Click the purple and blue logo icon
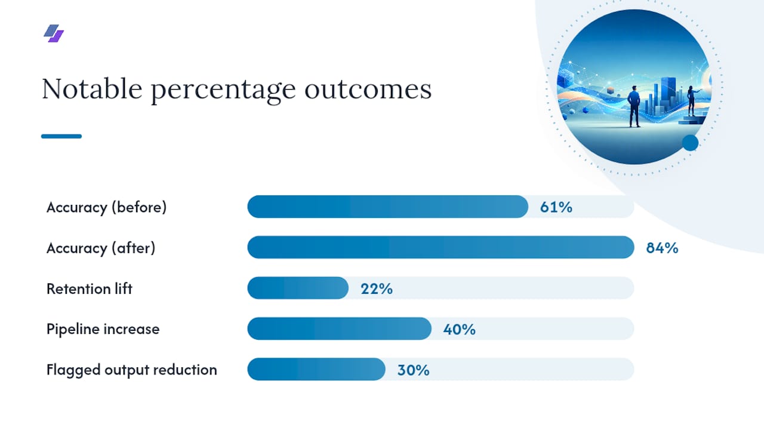click(x=54, y=33)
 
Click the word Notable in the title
click(x=92, y=89)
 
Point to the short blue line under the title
click(x=61, y=136)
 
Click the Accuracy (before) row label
click(x=106, y=207)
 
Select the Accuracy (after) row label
click(x=101, y=248)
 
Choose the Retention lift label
click(x=90, y=288)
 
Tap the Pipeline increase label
click(x=103, y=329)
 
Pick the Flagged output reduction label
click(x=132, y=370)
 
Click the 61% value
click(x=556, y=207)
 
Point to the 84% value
click(x=662, y=248)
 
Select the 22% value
click(x=377, y=288)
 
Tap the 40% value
click(x=460, y=329)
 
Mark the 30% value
click(x=414, y=370)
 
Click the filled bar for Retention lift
click(x=298, y=288)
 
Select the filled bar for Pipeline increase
click(x=340, y=328)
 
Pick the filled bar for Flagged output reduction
click(x=316, y=369)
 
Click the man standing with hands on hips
click(x=634, y=106)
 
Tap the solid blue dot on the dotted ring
click(x=691, y=143)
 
